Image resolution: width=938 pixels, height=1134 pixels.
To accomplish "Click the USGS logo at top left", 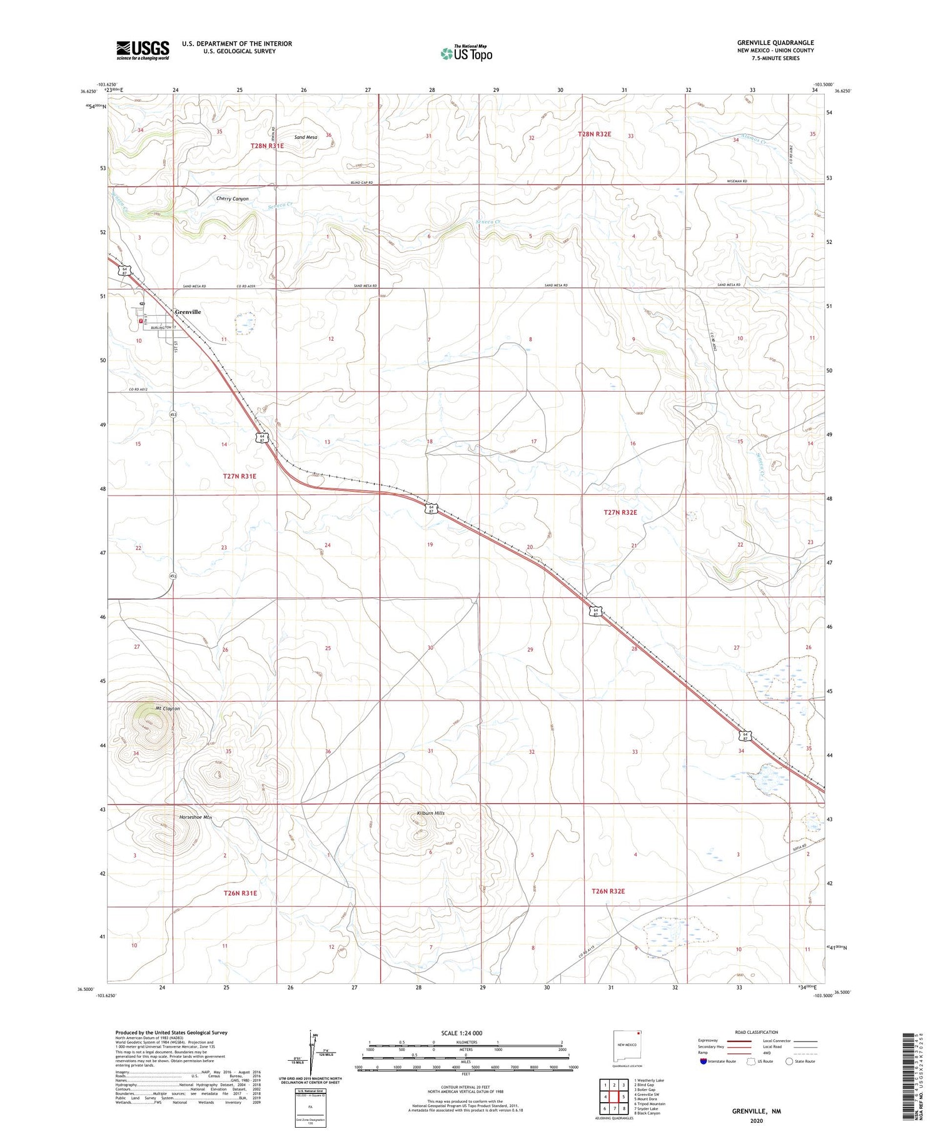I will (143, 50).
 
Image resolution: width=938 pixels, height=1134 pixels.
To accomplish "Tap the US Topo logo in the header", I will (466, 54).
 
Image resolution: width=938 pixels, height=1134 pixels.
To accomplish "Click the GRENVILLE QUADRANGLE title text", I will (775, 43).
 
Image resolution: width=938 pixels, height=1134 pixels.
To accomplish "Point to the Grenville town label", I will (188, 311).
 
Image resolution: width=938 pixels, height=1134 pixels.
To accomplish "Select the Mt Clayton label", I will (166, 709).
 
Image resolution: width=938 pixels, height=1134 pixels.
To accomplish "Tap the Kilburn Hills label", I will (430, 813).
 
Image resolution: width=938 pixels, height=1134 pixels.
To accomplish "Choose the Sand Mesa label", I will (306, 137).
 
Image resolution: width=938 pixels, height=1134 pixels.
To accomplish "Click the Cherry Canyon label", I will (232, 199).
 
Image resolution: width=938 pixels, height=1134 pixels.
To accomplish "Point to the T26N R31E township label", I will (240, 893).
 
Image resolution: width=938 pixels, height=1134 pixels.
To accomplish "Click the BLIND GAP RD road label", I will (361, 183).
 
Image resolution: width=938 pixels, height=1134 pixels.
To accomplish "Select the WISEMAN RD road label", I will (737, 181).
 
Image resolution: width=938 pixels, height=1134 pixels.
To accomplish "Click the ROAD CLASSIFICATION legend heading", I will (756, 1032).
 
